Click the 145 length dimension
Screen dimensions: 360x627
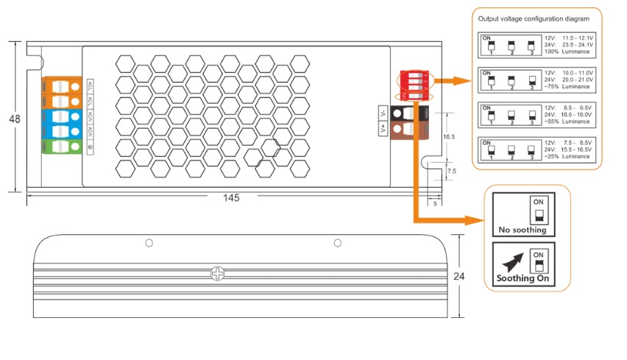tap(231, 198)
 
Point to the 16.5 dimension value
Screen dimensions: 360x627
tap(448, 137)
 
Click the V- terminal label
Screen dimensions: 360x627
tap(382, 113)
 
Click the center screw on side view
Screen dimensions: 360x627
tap(217, 273)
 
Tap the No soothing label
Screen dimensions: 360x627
tap(522, 229)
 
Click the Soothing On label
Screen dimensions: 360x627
tap(522, 279)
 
